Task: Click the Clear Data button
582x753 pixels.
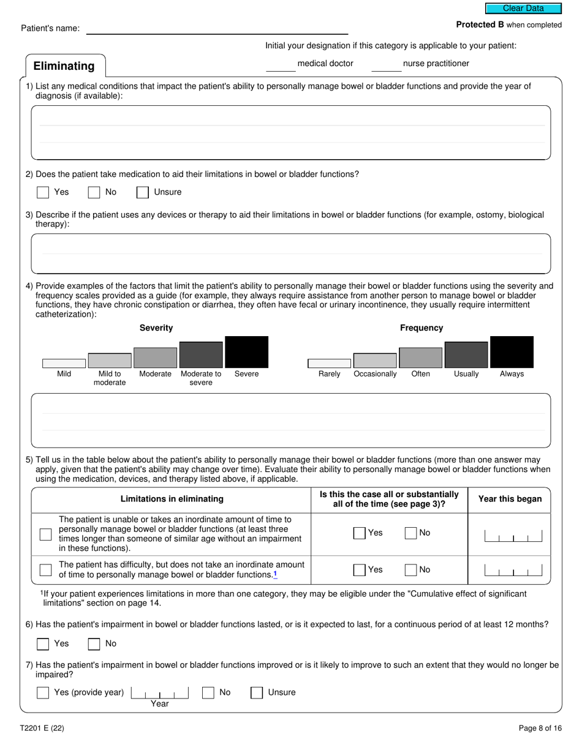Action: [x=523, y=9]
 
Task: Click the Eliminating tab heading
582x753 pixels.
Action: [x=64, y=66]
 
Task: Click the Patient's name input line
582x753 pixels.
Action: [x=217, y=29]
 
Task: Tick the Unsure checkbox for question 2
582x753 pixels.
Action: [x=143, y=192]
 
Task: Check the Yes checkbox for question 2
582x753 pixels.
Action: [x=43, y=192]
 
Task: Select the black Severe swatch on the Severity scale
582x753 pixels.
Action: [x=246, y=352]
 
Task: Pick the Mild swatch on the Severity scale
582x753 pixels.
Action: [x=64, y=363]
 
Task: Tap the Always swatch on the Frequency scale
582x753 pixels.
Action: [x=512, y=352]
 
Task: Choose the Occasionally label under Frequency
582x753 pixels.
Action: [x=375, y=374]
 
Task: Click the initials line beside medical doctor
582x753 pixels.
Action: [x=281, y=66]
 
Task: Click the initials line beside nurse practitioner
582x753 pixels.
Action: [x=387, y=66]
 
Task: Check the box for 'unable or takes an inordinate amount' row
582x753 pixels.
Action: [x=45, y=534]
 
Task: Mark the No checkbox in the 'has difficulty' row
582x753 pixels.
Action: [x=411, y=570]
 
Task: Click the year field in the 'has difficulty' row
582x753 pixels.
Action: [x=513, y=571]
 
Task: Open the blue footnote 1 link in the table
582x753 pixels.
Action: [x=275, y=574]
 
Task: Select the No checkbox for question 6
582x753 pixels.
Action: [x=94, y=643]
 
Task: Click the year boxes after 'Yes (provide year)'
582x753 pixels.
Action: [x=160, y=692]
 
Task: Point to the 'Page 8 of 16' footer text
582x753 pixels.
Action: [x=540, y=728]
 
